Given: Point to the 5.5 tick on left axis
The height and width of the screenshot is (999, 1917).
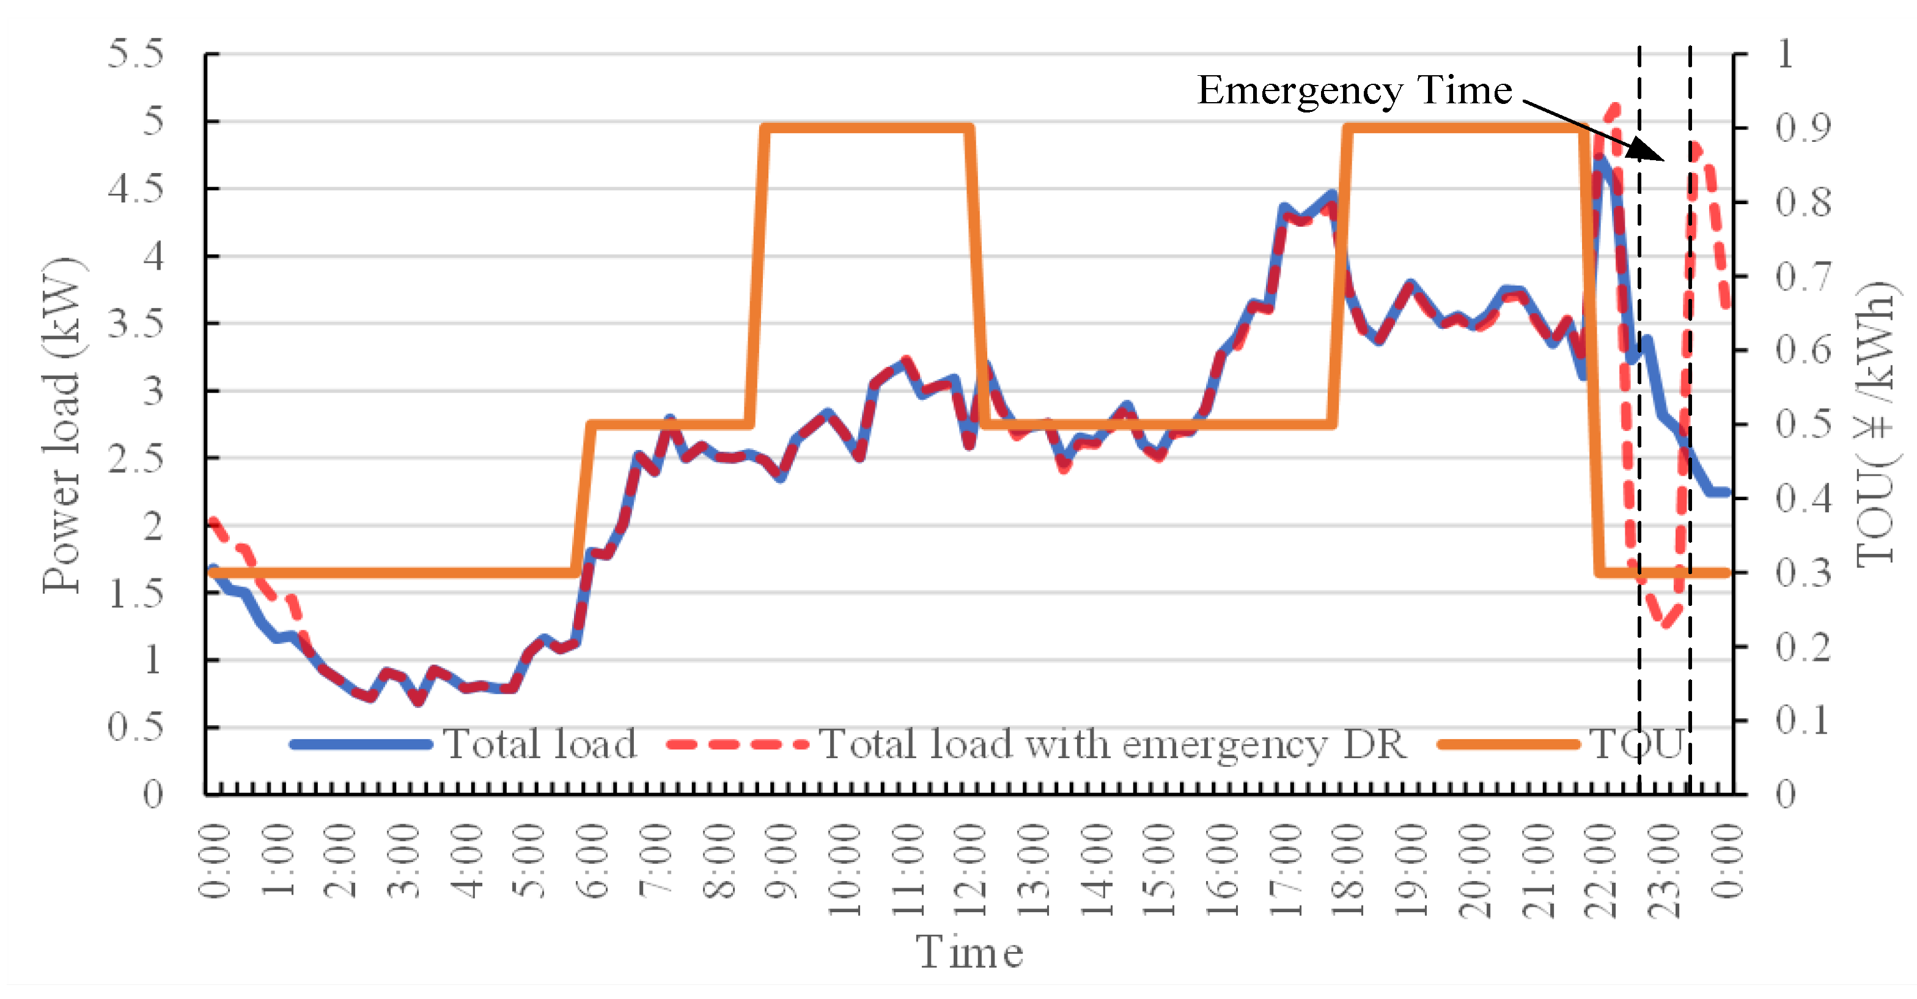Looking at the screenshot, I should (136, 54).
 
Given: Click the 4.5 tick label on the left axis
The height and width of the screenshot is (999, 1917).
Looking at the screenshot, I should (136, 189).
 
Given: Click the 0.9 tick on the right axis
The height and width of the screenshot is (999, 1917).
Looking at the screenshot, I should (1803, 128).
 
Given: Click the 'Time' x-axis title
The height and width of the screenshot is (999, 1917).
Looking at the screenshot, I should (969, 953).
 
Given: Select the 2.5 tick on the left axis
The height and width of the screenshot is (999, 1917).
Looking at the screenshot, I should (136, 459).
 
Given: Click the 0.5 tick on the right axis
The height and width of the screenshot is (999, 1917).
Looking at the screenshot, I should (1803, 425).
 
